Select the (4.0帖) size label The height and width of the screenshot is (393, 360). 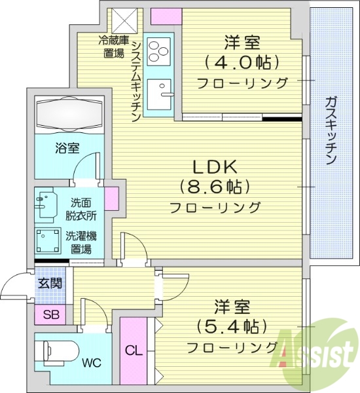[242, 63]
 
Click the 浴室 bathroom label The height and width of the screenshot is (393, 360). [67, 148]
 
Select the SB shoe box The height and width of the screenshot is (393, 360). [50, 314]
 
